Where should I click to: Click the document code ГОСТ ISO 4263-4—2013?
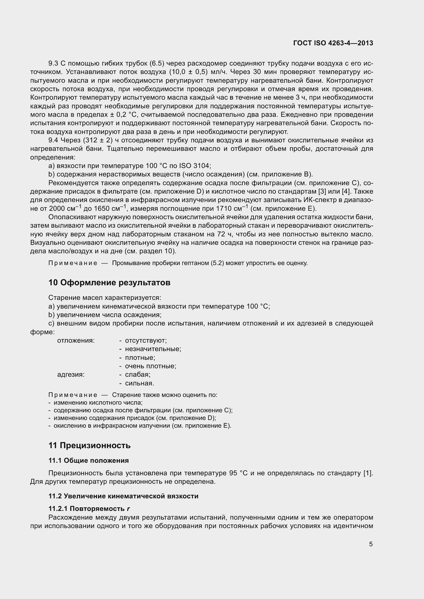333,43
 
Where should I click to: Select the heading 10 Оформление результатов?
109,282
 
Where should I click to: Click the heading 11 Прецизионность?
89,445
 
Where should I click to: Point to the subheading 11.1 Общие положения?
88,460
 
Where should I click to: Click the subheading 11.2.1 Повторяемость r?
89,509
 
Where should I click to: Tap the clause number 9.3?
53,64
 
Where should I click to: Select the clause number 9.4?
53,140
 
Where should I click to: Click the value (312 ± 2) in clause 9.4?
98,140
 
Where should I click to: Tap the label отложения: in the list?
76,340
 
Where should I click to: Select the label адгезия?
71,375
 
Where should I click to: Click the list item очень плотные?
150,366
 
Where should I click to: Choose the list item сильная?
139,383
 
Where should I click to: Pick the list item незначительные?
153,349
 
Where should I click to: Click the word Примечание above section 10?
73,263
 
